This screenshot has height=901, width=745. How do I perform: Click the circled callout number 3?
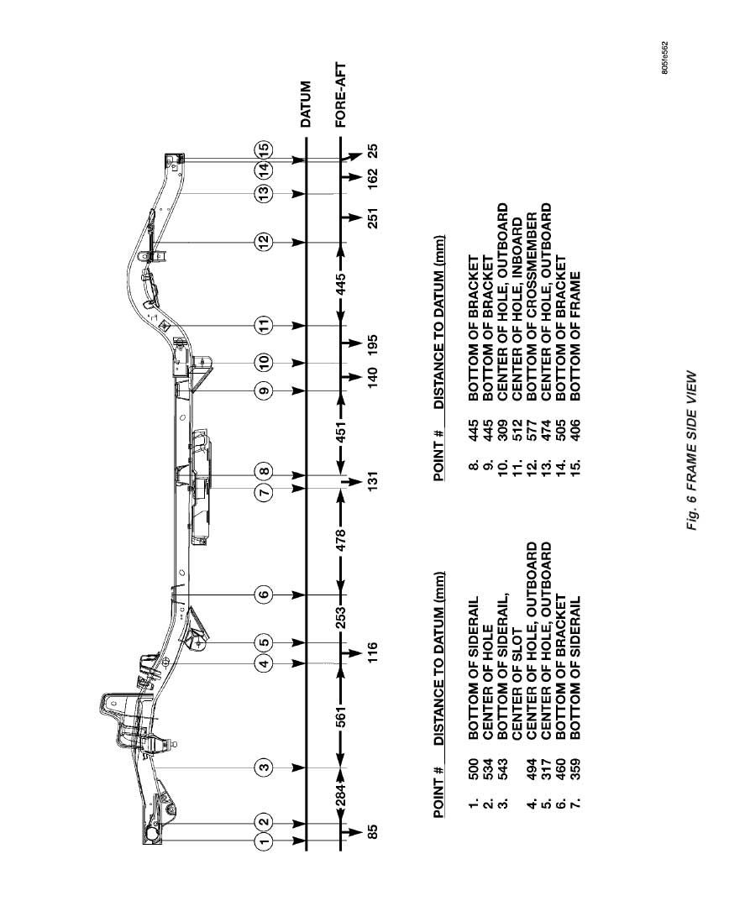pyautogui.click(x=265, y=767)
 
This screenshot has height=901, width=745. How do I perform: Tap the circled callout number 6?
pyautogui.click(x=265, y=595)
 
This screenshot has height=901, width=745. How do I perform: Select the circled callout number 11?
pyautogui.click(x=265, y=325)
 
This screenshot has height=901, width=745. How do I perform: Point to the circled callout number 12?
pyautogui.click(x=265, y=242)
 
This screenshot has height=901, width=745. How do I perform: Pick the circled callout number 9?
pyautogui.click(x=265, y=390)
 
